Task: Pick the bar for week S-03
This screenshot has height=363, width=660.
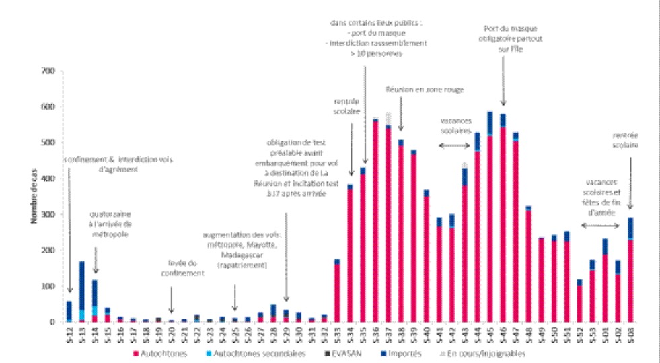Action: (x=630, y=269)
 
